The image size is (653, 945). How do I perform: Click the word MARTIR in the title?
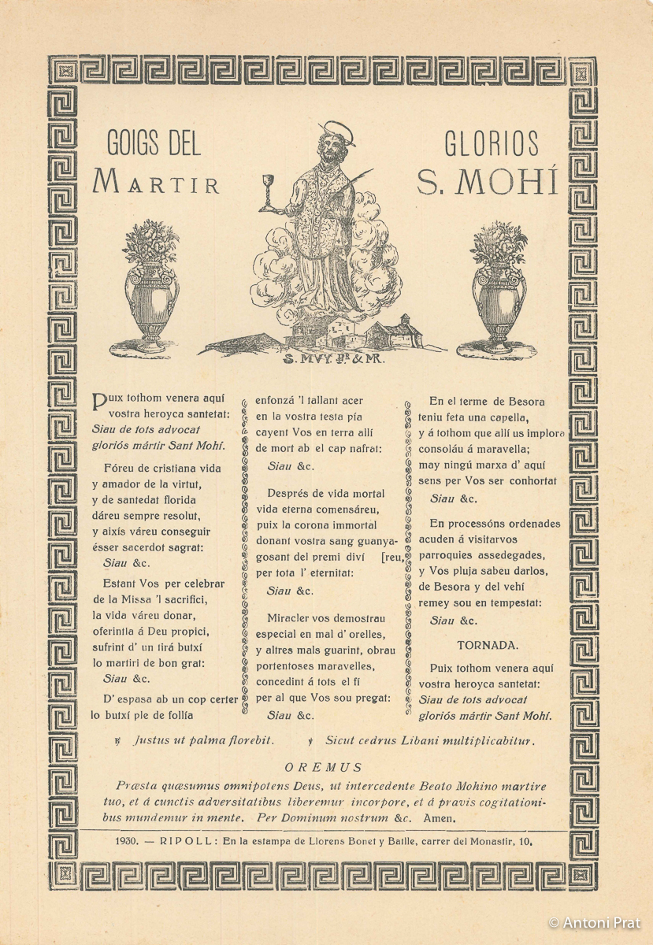coord(156,182)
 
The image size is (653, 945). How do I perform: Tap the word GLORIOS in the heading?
coord(492,144)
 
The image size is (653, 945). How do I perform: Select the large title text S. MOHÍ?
coord(487,182)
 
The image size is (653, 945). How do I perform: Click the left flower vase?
coord(151,283)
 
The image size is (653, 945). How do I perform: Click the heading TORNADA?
coord(488,645)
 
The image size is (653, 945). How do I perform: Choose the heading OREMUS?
coord(324,767)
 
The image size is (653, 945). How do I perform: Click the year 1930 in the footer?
coord(125,841)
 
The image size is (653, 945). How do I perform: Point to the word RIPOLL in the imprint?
coord(183,841)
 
